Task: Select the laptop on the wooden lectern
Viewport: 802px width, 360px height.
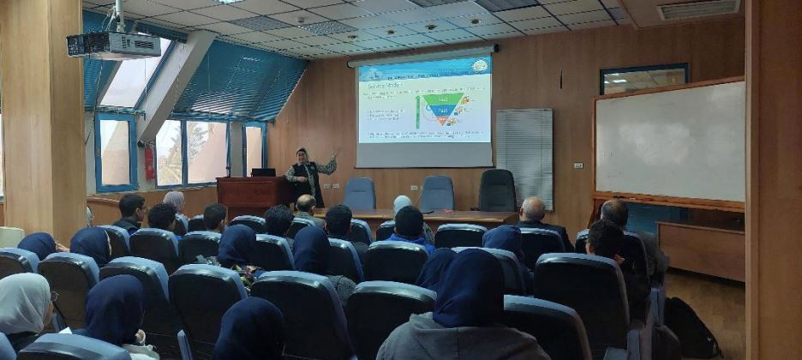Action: click(x=263, y=172)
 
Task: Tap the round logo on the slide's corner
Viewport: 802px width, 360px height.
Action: click(x=480, y=66)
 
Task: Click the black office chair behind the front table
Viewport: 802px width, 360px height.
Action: click(x=497, y=189)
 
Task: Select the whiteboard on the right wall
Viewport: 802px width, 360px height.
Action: click(x=669, y=141)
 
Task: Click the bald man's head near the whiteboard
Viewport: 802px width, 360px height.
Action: click(x=533, y=209)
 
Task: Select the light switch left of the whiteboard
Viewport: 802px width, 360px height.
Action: click(x=578, y=165)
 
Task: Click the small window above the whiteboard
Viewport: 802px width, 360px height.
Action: click(x=643, y=79)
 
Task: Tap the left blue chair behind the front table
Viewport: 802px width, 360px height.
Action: click(x=359, y=194)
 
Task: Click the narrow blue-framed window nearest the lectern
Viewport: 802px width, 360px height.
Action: click(x=254, y=151)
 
